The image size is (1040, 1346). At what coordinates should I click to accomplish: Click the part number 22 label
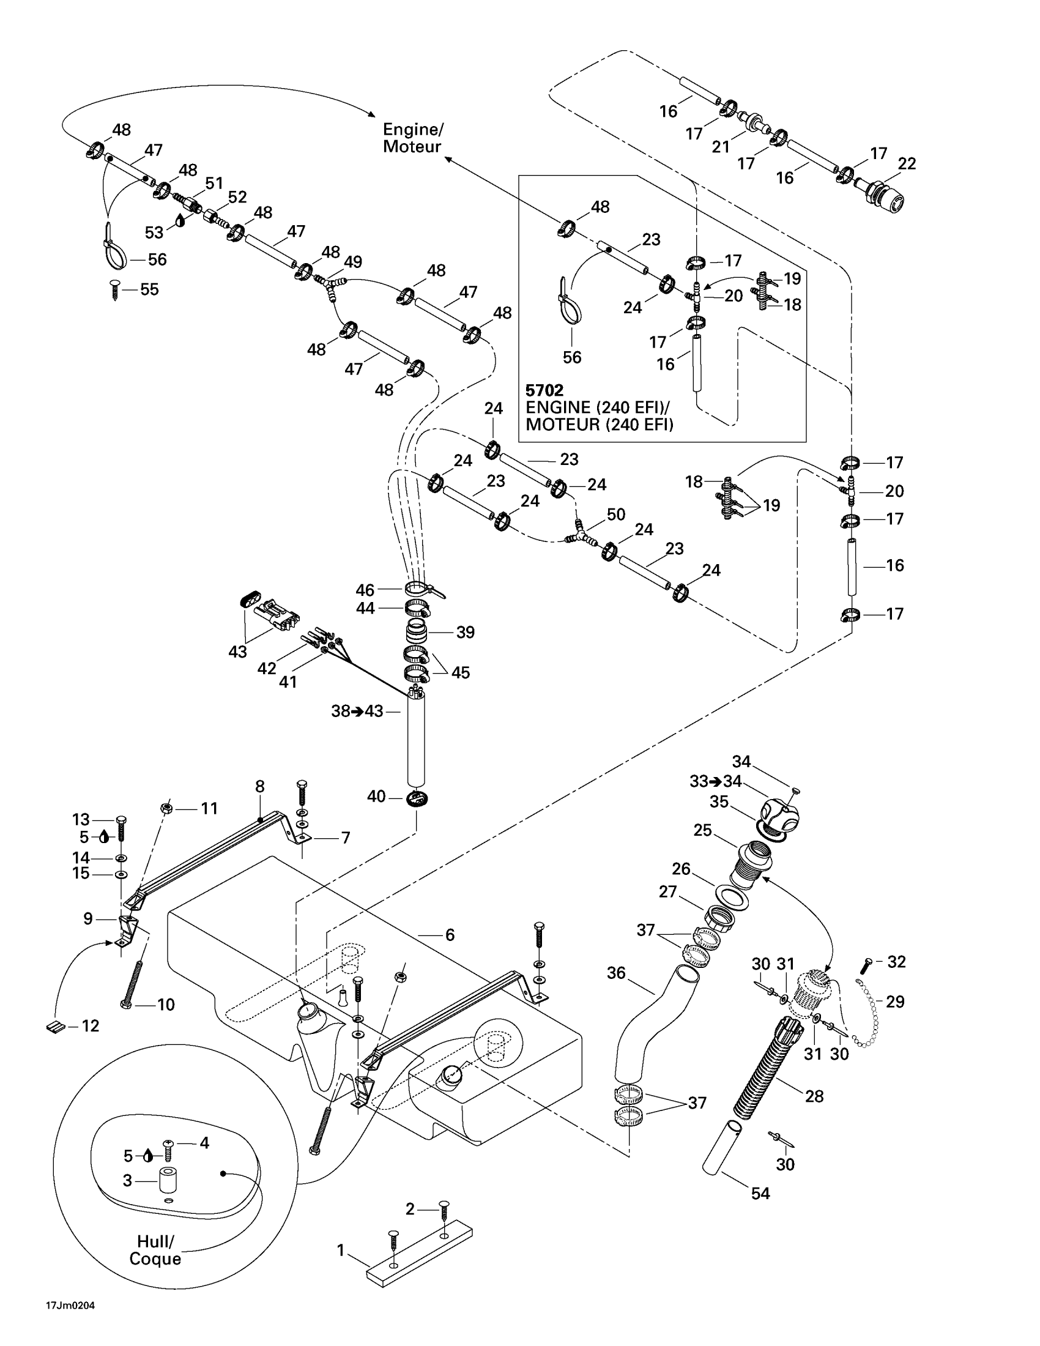click(x=907, y=163)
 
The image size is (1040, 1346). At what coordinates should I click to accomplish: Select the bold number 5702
click(x=544, y=390)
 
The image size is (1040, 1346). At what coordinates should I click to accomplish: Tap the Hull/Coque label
click(x=155, y=1250)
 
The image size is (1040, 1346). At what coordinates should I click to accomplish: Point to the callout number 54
click(x=760, y=1194)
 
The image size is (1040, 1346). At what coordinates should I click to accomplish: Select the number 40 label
click(x=376, y=797)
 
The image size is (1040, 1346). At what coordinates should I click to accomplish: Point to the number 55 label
click(x=150, y=289)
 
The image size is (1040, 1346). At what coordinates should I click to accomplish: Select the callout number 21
click(x=721, y=147)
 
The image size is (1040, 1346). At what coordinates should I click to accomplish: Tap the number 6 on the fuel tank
click(x=450, y=935)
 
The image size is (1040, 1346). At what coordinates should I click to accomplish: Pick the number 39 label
click(x=465, y=633)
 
